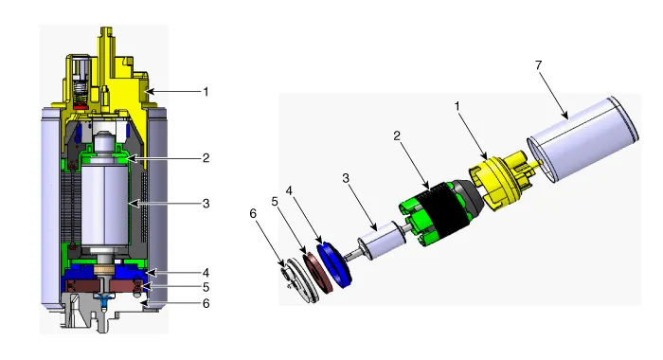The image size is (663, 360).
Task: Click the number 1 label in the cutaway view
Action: point(206,92)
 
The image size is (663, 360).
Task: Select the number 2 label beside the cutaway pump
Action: point(206,158)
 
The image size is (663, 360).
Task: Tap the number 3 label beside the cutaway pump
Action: point(206,204)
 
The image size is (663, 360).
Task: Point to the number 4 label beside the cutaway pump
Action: point(206,273)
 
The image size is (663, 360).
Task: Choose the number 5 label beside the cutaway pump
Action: point(206,287)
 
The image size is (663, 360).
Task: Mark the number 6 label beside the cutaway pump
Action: point(206,304)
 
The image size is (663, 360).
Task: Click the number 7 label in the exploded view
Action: point(538,65)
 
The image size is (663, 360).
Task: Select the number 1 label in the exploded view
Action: point(457,107)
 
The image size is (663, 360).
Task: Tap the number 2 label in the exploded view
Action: point(397,135)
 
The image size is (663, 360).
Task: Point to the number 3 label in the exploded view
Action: point(346,178)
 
